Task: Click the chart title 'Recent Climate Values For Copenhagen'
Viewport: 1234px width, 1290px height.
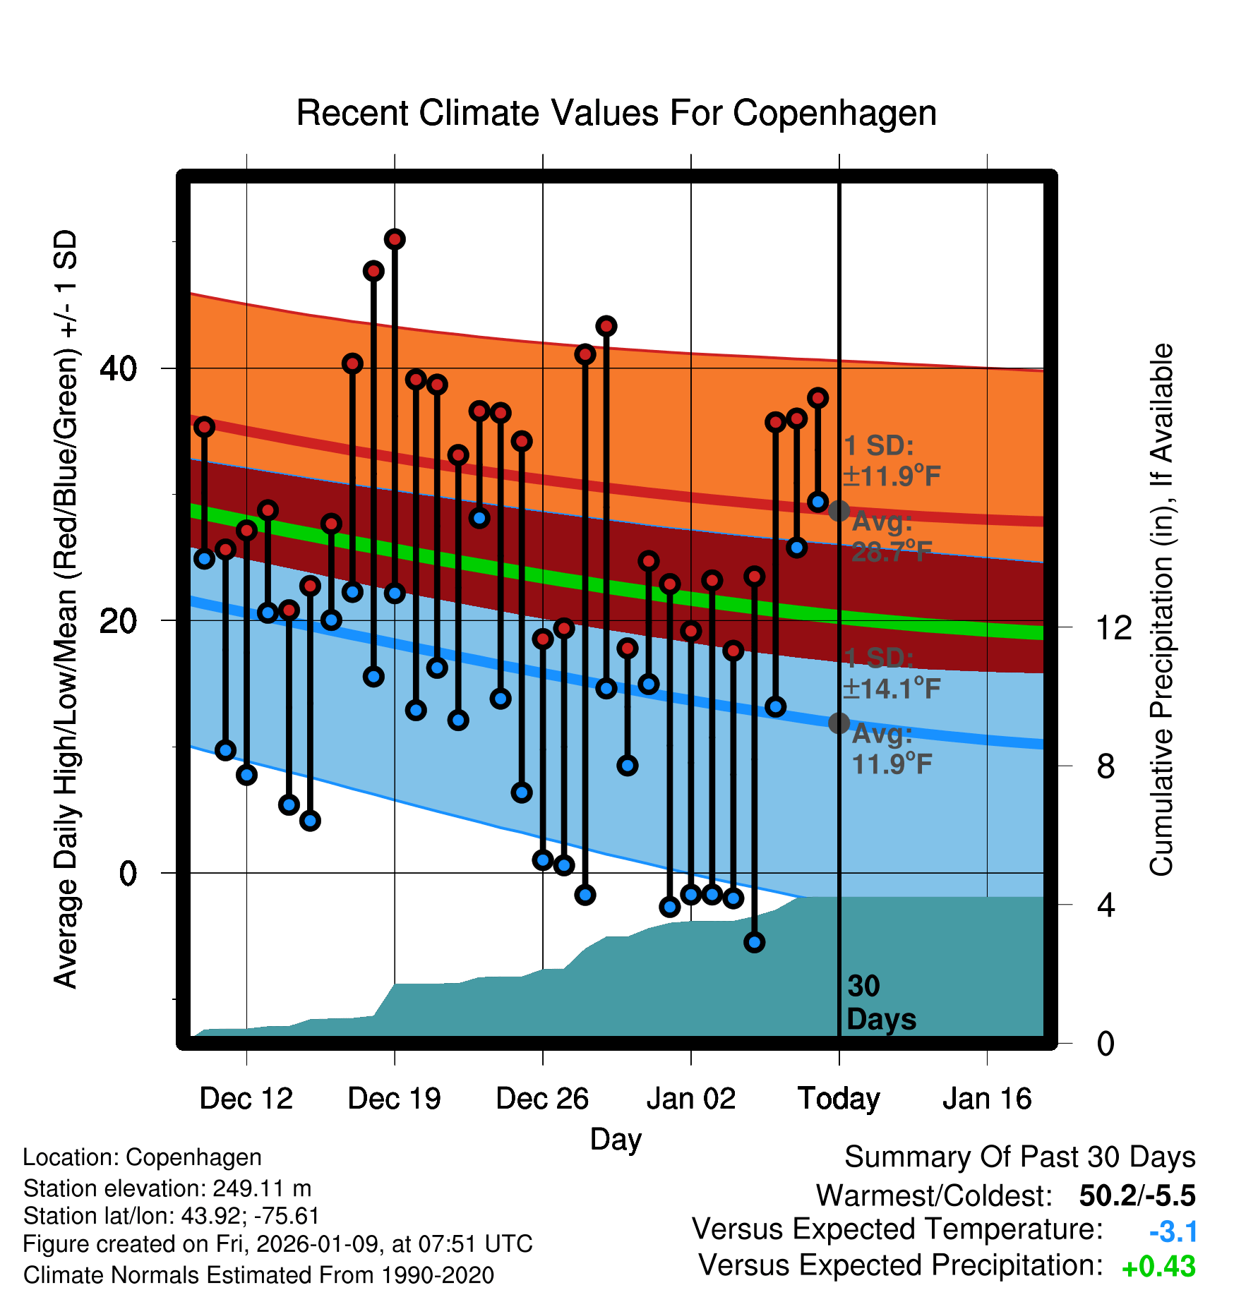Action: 616,113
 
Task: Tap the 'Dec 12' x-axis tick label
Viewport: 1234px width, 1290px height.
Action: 246,1099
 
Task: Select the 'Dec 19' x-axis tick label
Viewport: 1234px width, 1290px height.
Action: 394,1099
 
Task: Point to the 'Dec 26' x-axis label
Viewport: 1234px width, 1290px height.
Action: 542,1099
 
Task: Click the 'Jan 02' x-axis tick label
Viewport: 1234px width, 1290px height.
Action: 690,1099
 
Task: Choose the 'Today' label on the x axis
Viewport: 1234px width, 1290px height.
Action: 839,1099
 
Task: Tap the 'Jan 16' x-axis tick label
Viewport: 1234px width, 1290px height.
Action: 987,1099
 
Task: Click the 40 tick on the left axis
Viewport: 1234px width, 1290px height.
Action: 118,368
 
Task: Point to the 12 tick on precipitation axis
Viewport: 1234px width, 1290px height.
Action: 1113,627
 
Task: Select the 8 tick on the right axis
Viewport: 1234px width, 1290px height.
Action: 1106,766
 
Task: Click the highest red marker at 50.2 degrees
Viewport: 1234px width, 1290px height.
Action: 395,239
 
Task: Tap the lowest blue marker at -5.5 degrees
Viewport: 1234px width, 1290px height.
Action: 754,942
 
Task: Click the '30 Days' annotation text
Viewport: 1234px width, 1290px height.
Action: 880,1003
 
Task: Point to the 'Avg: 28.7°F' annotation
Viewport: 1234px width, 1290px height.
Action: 887,537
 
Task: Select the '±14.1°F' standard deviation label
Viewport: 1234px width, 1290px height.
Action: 892,688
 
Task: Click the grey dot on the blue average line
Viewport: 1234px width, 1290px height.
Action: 839,723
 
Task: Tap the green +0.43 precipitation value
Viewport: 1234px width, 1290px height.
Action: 1158,1267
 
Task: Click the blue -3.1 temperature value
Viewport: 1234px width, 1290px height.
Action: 1173,1232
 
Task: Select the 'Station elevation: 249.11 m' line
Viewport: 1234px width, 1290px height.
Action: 167,1188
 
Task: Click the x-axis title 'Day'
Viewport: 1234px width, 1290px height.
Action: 616,1139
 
